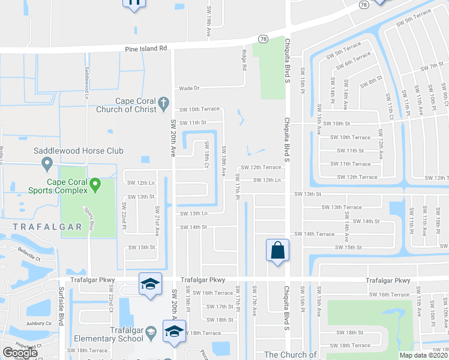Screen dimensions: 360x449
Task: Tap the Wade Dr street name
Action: pos(189,88)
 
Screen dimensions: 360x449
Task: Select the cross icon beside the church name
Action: pos(161,106)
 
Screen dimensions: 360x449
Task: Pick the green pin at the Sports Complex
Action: pos(95,185)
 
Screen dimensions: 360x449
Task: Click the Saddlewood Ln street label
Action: pos(86,79)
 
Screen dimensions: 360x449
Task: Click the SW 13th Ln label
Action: pos(194,213)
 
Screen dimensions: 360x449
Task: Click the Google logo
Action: pos(20,353)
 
